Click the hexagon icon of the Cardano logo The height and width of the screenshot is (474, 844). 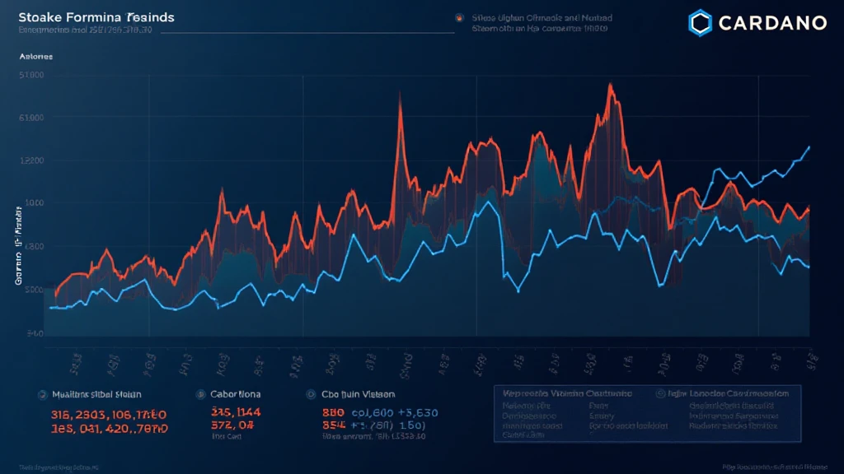click(x=701, y=22)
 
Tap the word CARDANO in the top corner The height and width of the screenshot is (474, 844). click(x=771, y=23)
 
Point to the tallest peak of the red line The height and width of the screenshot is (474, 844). click(x=611, y=85)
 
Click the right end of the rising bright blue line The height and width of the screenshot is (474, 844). click(x=809, y=146)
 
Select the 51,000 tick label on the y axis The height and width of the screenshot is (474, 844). click(x=35, y=75)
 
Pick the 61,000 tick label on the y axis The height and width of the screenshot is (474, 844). click(x=35, y=118)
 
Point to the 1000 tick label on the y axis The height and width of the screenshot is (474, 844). click(x=35, y=203)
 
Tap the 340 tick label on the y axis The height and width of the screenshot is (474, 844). click(x=35, y=333)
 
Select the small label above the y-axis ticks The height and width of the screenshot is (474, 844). click(x=35, y=57)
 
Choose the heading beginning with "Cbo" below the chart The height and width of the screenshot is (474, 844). click(x=358, y=394)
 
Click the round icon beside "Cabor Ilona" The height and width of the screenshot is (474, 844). click(x=199, y=394)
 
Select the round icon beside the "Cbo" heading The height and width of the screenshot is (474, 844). click(x=311, y=394)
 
